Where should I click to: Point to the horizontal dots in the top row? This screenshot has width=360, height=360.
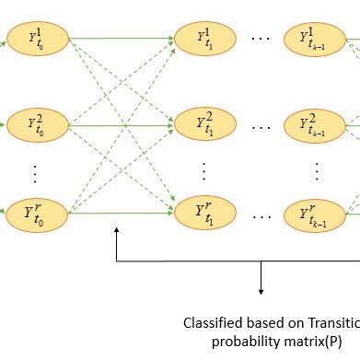point(262,41)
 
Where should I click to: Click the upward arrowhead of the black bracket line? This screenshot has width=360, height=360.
point(117,234)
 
